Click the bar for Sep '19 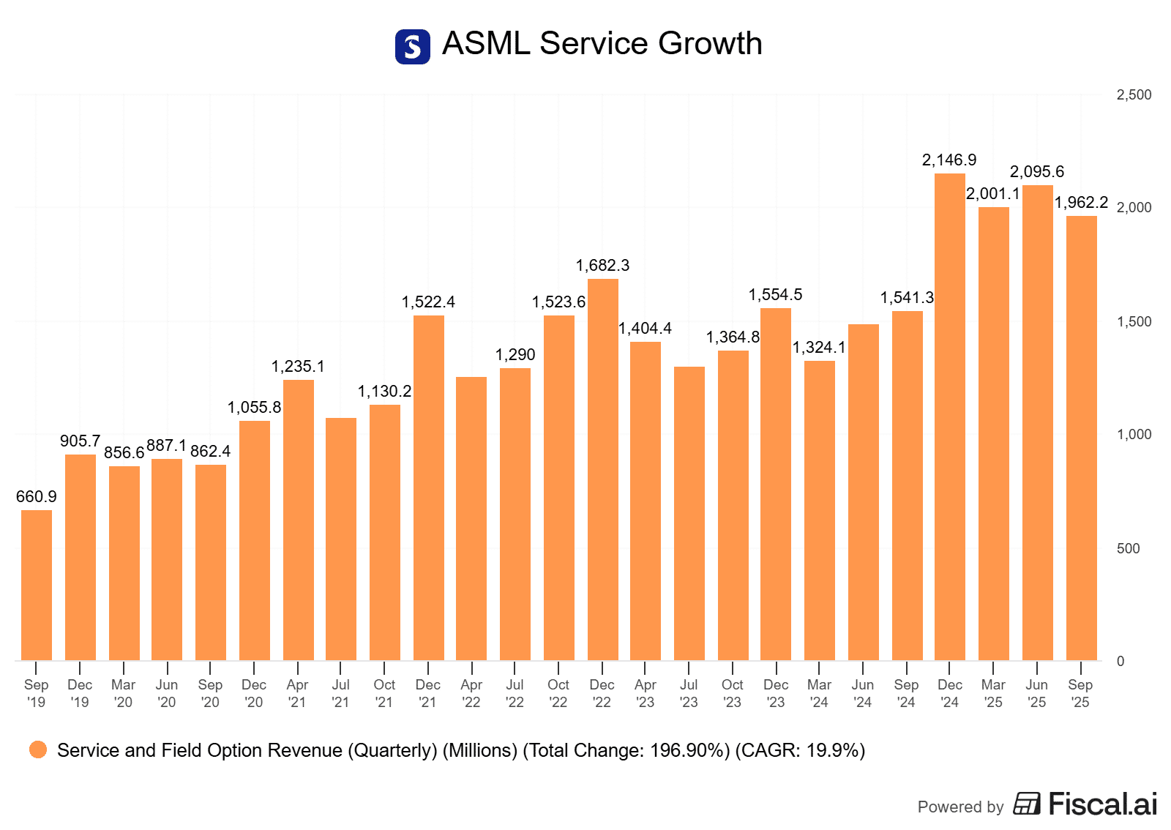click(x=37, y=586)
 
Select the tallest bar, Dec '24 click(x=950, y=417)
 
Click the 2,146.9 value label click(x=949, y=160)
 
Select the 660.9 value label click(x=37, y=497)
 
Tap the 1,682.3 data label click(x=602, y=266)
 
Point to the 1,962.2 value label click(x=1081, y=203)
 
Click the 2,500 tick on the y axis click(x=1134, y=95)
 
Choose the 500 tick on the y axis click(x=1128, y=548)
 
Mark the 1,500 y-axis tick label click(x=1134, y=321)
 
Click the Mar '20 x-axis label click(x=124, y=693)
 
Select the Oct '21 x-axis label click(x=384, y=693)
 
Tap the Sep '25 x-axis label click(x=1080, y=693)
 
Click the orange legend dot click(x=38, y=749)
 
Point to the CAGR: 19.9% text click(x=800, y=750)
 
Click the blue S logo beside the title click(x=413, y=47)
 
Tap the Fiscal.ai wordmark click(x=1102, y=804)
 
